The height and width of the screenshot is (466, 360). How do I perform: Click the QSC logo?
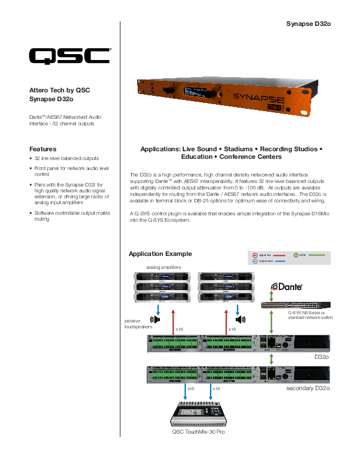69,55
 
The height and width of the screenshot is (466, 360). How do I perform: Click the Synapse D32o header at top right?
309,24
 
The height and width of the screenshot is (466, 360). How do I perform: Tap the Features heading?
43,149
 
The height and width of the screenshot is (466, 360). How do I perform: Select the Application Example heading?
160,254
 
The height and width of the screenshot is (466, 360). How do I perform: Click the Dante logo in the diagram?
286,287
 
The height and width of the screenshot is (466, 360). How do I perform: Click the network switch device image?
296,305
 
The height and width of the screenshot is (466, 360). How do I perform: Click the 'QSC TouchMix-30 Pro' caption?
198,432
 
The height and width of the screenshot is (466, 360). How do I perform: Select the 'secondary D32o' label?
308,389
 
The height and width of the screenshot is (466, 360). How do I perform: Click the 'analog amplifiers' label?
164,267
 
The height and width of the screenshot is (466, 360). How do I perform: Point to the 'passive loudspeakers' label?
138,323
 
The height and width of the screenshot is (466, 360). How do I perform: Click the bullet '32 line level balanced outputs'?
66,158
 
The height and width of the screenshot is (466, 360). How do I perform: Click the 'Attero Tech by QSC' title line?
59,90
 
